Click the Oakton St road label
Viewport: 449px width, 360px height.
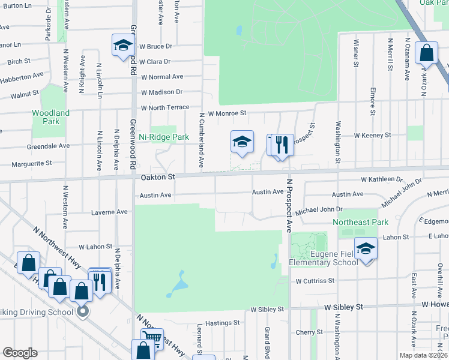(x=157, y=178)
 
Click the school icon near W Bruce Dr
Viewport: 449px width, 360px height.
(x=122, y=45)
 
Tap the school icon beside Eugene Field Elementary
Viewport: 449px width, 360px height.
(x=366, y=248)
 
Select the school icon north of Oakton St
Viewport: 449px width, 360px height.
(x=242, y=142)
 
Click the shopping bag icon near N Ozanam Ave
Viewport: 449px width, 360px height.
(x=426, y=53)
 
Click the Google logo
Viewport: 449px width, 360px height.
(x=20, y=353)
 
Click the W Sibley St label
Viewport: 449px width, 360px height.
(x=267, y=309)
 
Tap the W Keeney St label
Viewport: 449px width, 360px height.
(x=373, y=136)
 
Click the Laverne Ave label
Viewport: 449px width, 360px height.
(x=109, y=212)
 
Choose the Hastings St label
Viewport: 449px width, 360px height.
(x=222, y=322)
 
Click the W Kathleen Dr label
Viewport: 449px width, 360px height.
(x=381, y=179)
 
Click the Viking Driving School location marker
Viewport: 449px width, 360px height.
(x=83, y=311)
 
